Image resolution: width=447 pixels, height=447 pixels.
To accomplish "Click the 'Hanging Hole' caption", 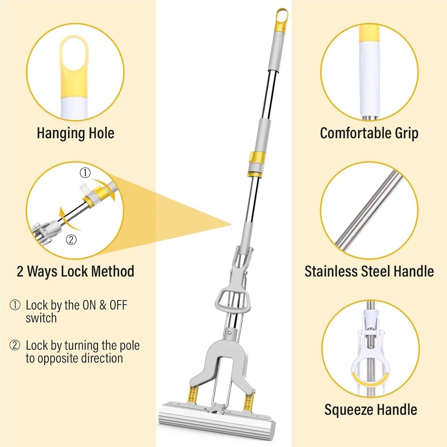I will click(75, 133).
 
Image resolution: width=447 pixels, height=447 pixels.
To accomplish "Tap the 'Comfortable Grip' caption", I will click(369, 133).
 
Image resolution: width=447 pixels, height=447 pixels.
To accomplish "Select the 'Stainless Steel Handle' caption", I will click(369, 271).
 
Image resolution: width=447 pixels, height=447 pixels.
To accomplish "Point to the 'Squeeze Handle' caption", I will click(371, 410).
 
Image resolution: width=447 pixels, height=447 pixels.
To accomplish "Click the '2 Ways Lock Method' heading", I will click(75, 271).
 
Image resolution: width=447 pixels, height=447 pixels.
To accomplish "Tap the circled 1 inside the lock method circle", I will click(85, 173).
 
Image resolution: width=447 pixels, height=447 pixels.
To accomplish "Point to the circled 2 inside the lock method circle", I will click(71, 239).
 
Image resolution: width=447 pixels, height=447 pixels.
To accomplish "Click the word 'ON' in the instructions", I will click(85, 305).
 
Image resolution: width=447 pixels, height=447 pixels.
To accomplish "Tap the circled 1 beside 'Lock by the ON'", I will click(15, 305).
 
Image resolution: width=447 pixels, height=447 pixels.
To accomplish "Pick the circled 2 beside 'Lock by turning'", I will click(15, 345).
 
